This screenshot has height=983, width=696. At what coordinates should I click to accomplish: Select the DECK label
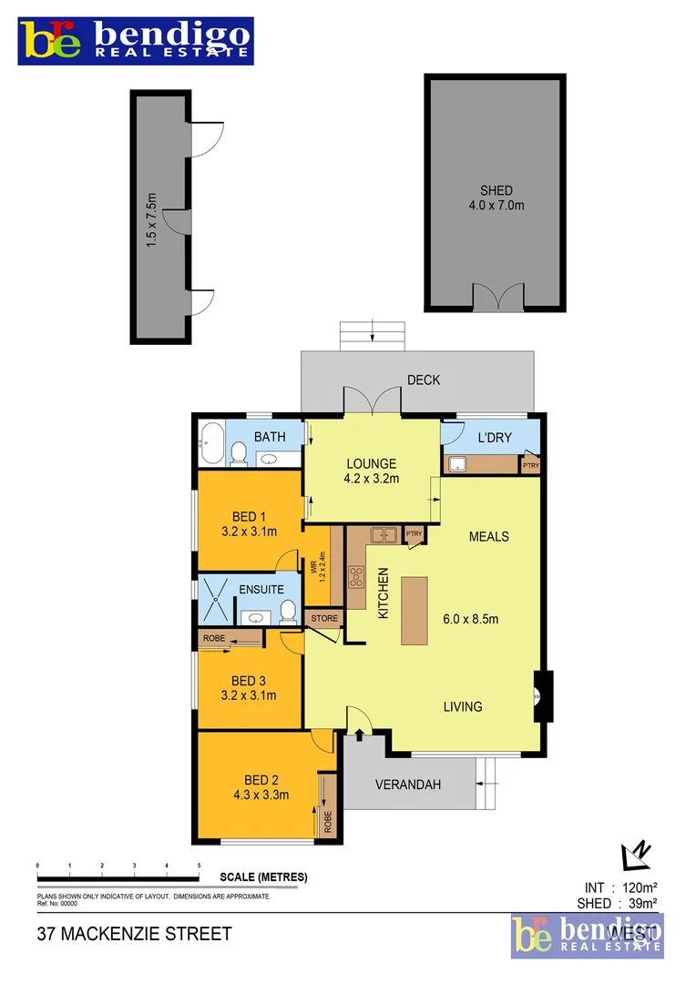tap(424, 380)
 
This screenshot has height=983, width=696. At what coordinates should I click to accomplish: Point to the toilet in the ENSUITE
tap(288, 610)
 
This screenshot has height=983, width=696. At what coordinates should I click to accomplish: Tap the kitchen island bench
tap(414, 610)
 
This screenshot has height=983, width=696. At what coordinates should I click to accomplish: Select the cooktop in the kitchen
tap(357, 577)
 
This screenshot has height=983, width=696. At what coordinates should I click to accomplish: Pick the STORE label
tap(324, 619)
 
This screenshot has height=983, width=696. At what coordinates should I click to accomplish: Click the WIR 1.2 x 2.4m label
tap(318, 569)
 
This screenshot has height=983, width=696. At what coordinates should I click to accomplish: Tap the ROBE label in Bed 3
tap(214, 639)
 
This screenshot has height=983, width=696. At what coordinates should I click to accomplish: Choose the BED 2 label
tap(261, 780)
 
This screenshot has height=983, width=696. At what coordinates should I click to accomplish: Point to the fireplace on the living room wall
tap(541, 696)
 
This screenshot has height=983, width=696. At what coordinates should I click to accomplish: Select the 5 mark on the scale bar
tap(199, 866)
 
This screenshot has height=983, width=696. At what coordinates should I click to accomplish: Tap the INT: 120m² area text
tap(619, 887)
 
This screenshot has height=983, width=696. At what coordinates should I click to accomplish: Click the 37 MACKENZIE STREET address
tap(134, 934)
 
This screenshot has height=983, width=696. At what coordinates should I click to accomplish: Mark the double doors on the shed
tap(497, 298)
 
